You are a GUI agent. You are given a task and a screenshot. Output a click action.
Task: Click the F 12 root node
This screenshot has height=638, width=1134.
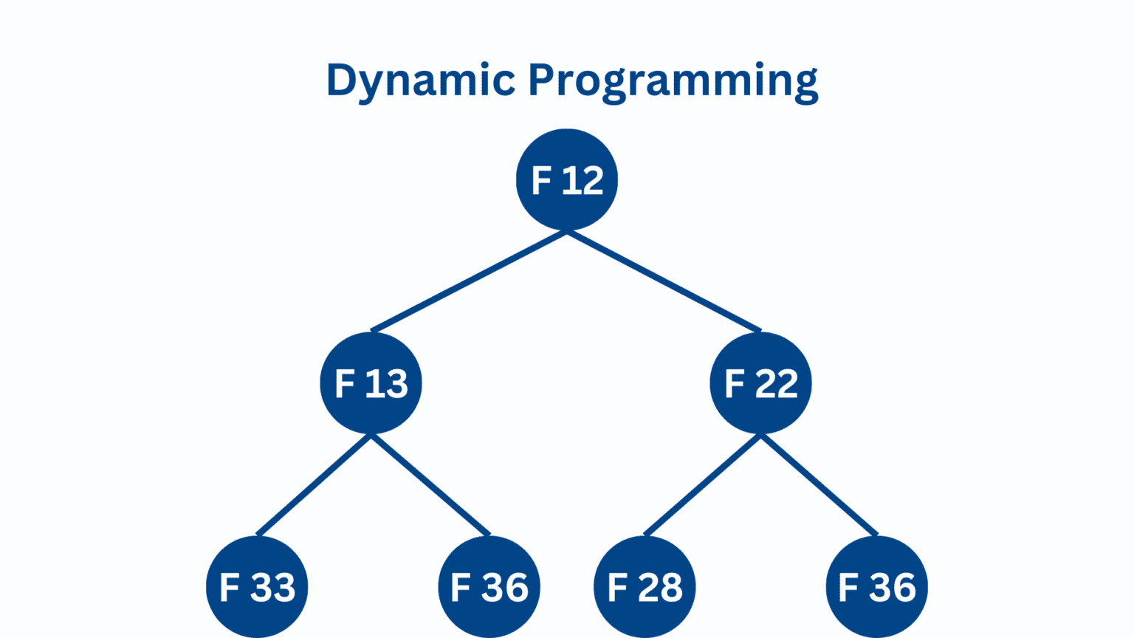tap(566, 179)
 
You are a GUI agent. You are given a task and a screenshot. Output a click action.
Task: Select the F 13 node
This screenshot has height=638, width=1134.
tap(371, 383)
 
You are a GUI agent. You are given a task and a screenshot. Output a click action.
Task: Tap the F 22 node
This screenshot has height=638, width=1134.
tap(761, 383)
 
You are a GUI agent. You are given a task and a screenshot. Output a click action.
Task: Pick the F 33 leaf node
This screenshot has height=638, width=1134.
tap(257, 587)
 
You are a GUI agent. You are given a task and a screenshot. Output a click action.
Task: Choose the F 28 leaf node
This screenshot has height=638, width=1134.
tap(645, 587)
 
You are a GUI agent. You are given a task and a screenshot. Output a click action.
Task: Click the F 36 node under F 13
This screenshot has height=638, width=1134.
tap(489, 587)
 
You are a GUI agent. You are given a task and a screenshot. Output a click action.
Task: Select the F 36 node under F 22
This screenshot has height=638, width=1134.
tap(877, 587)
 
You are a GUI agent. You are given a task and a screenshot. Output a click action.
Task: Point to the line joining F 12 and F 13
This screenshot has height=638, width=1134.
tap(469, 281)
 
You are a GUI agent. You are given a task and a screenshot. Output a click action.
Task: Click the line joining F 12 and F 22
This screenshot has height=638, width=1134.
tap(664, 281)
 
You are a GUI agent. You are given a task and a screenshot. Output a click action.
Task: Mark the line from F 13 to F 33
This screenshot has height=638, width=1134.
tap(314, 485)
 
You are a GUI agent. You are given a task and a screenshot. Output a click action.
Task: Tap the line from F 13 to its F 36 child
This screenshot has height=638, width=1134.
tap(430, 485)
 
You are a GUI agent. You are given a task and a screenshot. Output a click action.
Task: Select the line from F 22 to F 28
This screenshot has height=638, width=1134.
tap(703, 485)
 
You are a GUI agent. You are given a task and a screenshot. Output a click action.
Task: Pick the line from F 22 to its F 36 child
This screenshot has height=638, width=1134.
tap(819, 485)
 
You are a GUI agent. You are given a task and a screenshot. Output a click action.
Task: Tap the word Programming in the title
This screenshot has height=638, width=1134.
tap(673, 81)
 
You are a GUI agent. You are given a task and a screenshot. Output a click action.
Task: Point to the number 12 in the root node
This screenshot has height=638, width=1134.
tap(583, 180)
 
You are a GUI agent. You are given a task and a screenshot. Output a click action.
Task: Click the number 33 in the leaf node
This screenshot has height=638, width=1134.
tap(274, 587)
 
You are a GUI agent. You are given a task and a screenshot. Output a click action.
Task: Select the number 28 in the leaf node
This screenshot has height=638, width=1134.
tap(661, 587)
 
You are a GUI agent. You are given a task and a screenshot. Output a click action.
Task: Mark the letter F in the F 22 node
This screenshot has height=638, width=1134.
tap(734, 384)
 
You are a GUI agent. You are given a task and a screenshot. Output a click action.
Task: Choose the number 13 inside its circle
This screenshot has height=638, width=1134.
tap(388, 384)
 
